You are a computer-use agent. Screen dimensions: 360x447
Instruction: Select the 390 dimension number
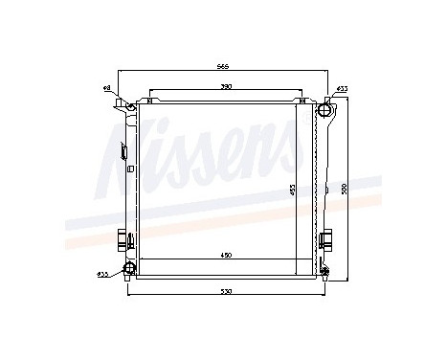click(225, 87)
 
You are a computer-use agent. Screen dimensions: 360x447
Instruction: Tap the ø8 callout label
click(107, 88)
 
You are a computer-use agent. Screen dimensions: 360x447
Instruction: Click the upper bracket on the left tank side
click(123, 150)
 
